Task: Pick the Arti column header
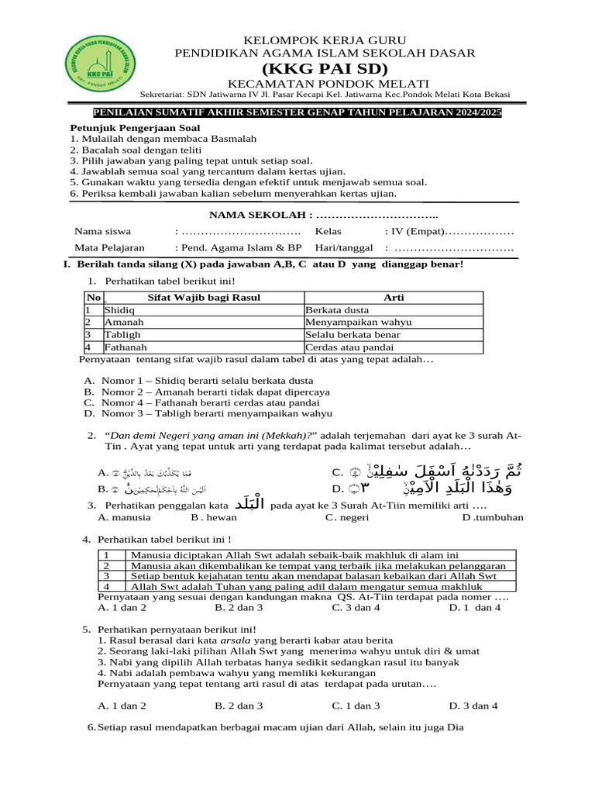point(394,297)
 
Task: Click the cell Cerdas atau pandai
point(349,347)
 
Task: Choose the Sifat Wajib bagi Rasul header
point(204,297)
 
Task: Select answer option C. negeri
point(347,517)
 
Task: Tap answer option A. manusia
point(125,517)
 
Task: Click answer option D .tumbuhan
point(493,517)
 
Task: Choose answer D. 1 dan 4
point(475,608)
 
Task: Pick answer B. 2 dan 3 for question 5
point(239,706)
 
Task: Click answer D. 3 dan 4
point(473,706)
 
